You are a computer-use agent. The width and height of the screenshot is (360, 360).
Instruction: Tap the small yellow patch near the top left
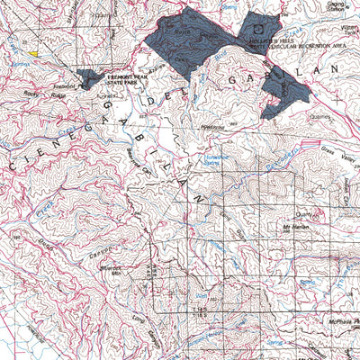pos(33,53)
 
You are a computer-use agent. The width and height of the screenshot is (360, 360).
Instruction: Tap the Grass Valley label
pos(334,160)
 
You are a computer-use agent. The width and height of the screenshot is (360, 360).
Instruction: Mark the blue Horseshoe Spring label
pos(238,159)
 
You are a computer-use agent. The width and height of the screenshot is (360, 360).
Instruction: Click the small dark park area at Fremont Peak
pos(89,79)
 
